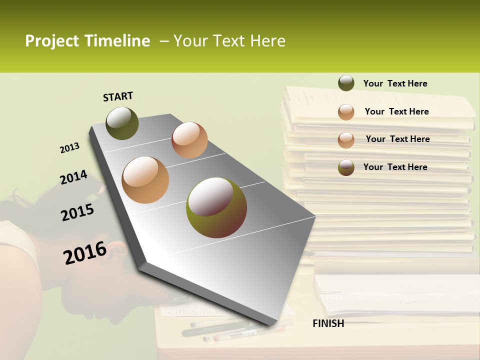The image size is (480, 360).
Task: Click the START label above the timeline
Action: point(118,96)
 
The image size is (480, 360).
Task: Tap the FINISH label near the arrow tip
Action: point(328,323)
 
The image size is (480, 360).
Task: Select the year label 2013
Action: point(69,148)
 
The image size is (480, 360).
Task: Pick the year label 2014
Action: point(73,177)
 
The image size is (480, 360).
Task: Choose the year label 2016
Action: point(85,252)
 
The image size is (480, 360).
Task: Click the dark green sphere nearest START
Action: point(122,123)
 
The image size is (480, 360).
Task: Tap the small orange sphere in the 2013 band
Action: point(189,140)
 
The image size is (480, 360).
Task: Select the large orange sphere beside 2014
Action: point(145,180)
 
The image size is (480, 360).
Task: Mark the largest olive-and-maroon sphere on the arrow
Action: point(216,207)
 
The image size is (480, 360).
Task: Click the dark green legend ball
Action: point(346,83)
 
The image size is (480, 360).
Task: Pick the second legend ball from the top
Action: point(346,112)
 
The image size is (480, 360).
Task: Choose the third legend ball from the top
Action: point(346,139)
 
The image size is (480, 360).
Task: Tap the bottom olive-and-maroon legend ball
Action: point(346,167)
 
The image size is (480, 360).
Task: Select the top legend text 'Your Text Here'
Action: point(395,83)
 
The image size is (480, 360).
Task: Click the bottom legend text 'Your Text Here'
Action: point(395,167)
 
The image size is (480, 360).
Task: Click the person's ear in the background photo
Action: point(116,248)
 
